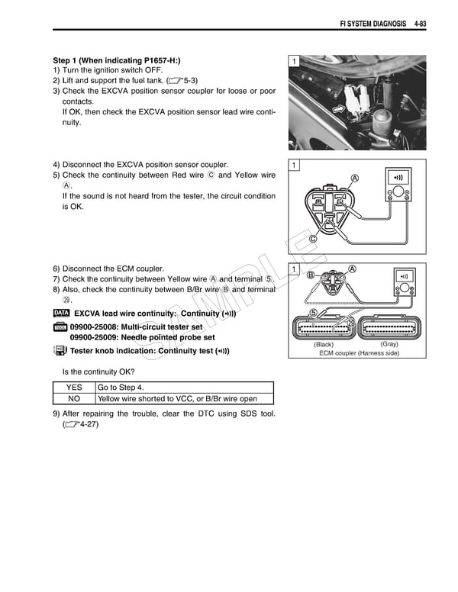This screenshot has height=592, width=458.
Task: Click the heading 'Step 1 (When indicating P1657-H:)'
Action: point(117,60)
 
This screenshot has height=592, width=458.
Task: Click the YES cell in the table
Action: point(73,387)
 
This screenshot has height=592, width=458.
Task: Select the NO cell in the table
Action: point(73,398)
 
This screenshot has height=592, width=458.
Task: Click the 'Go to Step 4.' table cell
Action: point(122,387)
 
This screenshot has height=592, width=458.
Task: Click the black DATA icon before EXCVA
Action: point(62,314)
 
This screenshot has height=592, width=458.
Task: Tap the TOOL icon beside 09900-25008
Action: point(61,327)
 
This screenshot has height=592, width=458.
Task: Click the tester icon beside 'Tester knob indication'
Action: point(60,351)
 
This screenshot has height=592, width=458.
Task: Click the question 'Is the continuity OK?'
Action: point(98,372)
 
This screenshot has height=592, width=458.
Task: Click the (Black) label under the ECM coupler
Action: point(324,344)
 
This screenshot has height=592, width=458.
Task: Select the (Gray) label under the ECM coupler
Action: point(389,344)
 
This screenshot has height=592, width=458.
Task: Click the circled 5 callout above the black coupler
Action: point(312,312)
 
